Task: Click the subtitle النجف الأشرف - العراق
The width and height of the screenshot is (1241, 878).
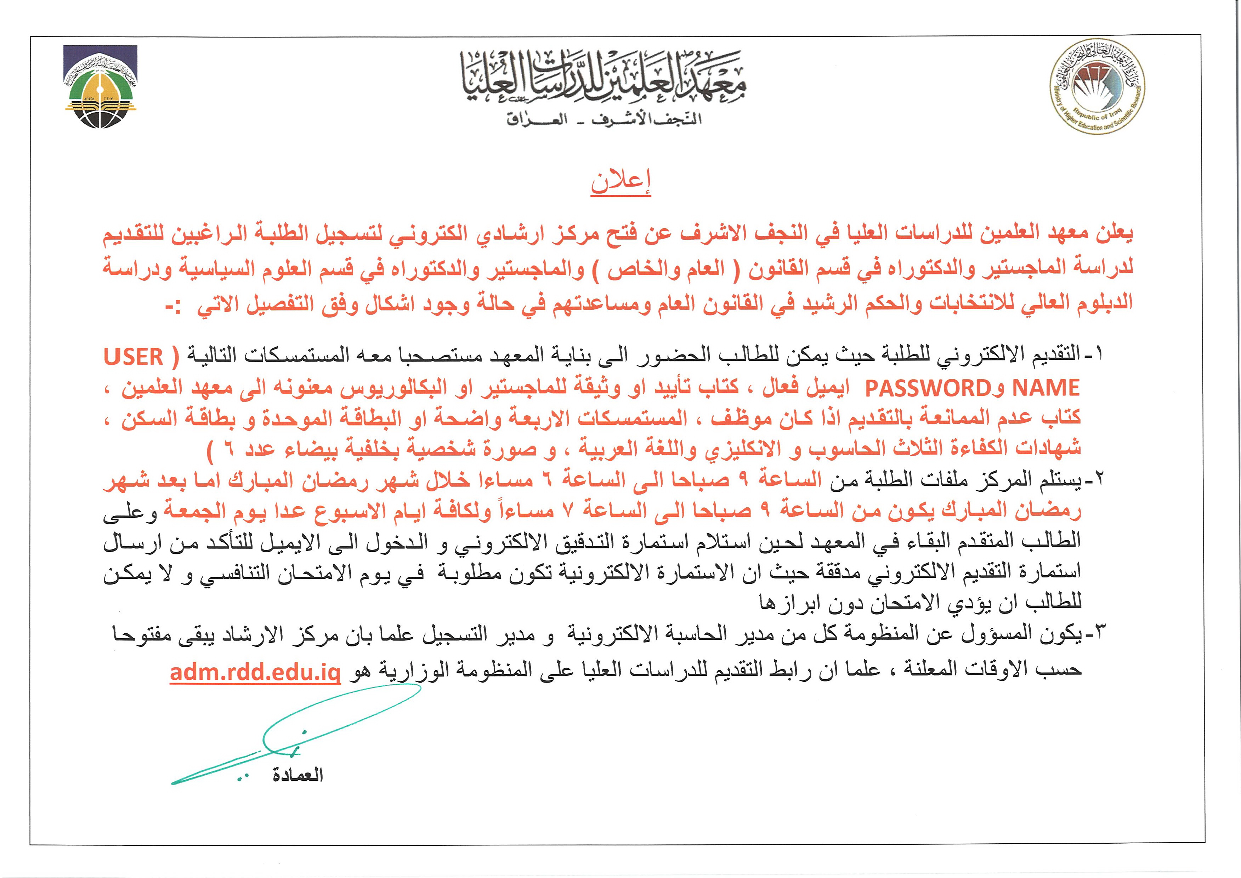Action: click(x=603, y=119)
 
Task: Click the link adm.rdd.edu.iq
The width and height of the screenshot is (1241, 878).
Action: click(x=255, y=672)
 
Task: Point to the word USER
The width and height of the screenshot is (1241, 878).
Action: click(x=134, y=357)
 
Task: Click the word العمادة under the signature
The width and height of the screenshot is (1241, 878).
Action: click(x=297, y=775)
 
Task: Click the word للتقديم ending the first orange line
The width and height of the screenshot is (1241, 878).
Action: click(x=136, y=234)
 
